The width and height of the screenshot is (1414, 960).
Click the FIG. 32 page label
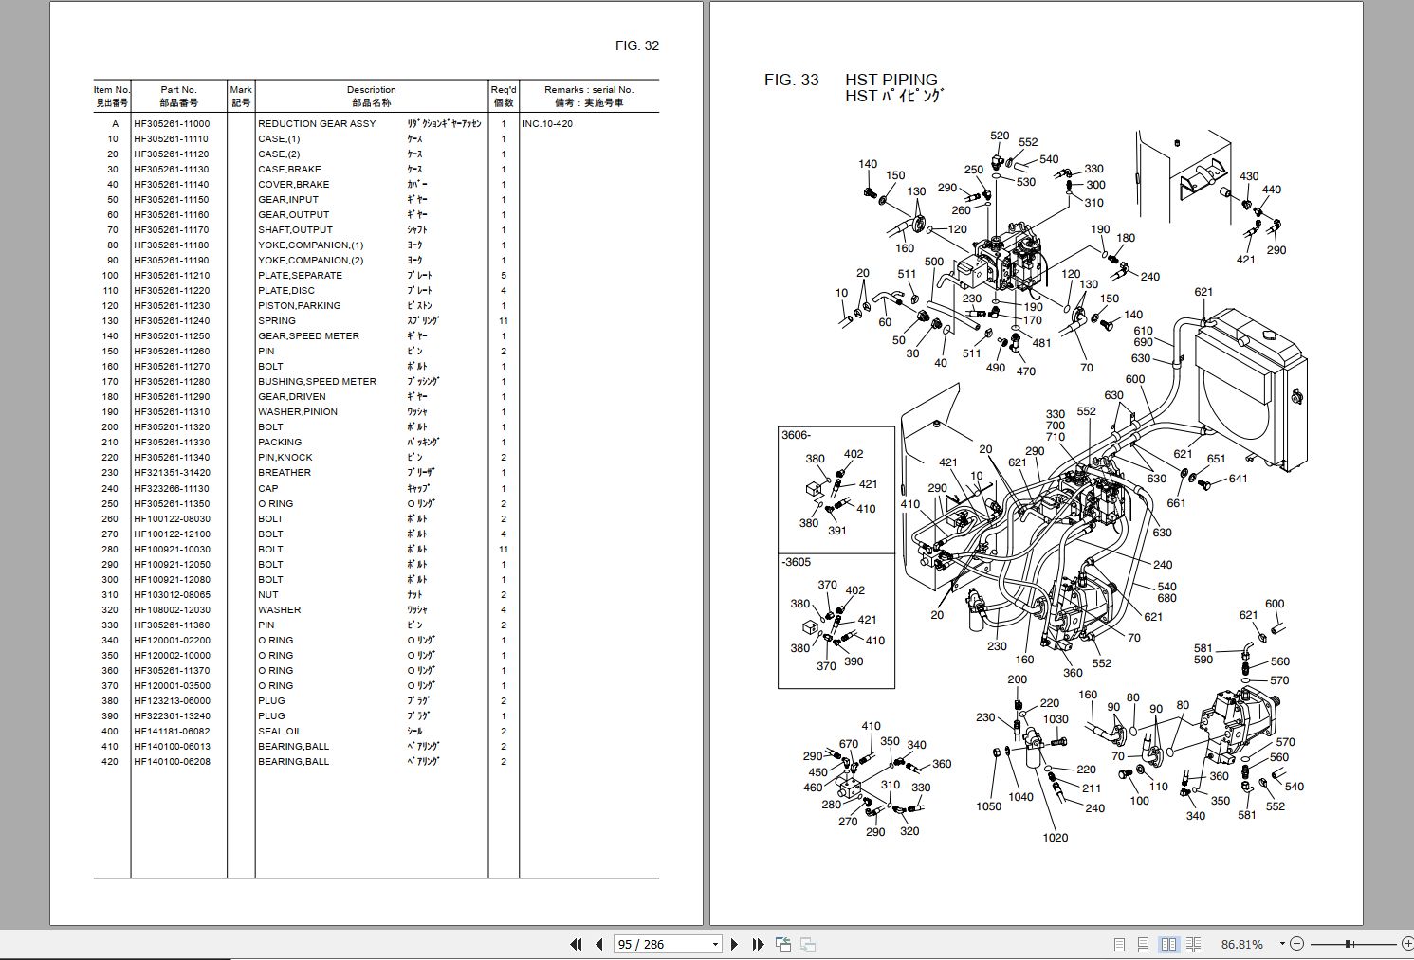point(636,45)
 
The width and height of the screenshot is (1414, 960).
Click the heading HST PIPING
point(891,80)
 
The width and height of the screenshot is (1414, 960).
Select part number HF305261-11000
point(172,123)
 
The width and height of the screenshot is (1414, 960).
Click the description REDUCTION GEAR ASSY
point(317,123)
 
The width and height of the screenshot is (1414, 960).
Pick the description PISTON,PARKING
point(299,305)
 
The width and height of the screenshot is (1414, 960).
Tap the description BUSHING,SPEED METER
point(317,381)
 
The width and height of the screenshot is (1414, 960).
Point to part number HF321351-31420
point(172,472)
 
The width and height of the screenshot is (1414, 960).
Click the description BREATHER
point(285,472)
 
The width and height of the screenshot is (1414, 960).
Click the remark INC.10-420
point(547,123)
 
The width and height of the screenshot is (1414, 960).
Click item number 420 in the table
point(110,761)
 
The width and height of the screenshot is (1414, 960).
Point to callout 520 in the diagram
point(1000,136)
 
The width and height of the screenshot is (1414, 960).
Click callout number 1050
point(988,806)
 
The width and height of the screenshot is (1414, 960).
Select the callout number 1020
point(1056,837)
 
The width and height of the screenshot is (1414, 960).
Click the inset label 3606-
point(796,435)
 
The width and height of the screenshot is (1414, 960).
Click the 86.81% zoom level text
point(1242,944)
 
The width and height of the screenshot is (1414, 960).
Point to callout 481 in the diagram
point(1041,343)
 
